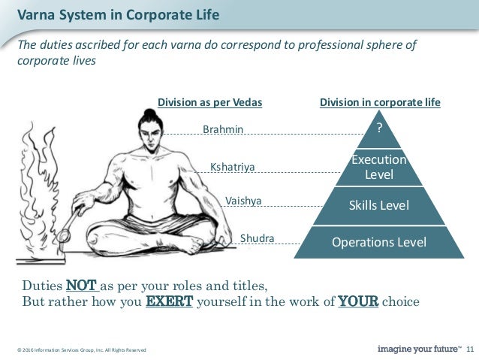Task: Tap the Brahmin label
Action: click(x=223, y=129)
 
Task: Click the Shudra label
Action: click(x=257, y=239)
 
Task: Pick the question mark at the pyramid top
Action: click(x=379, y=129)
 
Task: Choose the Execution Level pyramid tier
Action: click(x=379, y=167)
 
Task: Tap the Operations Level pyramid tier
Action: click(x=379, y=242)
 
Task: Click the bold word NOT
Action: click(x=81, y=286)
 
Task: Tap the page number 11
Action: click(x=471, y=349)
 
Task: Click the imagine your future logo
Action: click(x=419, y=349)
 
